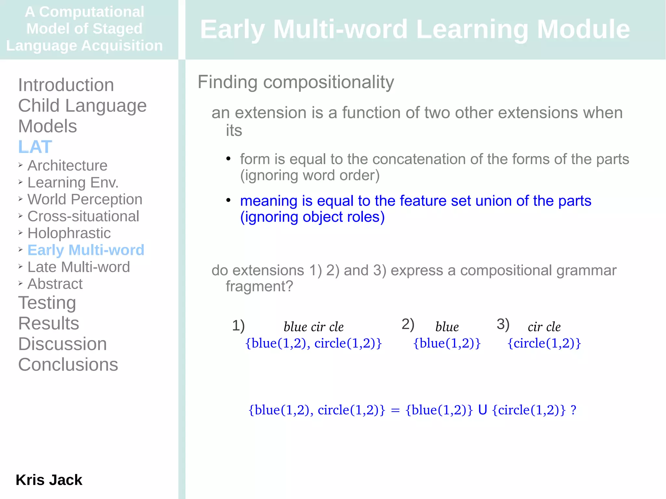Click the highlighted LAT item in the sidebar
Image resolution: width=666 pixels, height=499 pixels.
[35, 147]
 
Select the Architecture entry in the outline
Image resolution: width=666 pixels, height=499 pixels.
[67, 165]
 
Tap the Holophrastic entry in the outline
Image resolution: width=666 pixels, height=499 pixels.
[69, 233]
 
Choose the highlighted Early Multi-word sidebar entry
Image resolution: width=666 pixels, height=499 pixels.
[86, 250]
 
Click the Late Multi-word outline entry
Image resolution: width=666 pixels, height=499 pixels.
[78, 267]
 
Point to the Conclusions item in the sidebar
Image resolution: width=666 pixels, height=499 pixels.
[68, 364]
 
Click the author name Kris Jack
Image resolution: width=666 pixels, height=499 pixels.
[49, 480]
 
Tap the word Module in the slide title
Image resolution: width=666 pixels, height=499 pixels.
[583, 29]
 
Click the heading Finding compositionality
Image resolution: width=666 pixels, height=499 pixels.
[296, 82]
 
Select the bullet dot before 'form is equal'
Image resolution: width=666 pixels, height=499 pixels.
[228, 159]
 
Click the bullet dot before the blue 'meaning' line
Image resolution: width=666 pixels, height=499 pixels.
[228, 200]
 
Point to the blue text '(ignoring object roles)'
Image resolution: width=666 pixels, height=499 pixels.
[312, 217]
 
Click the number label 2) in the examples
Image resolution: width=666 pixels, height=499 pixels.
[408, 324]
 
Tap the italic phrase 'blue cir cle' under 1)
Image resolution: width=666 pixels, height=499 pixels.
[313, 327]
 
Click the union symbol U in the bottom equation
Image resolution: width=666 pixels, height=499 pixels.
[483, 410]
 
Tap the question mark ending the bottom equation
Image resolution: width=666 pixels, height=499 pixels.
[574, 410]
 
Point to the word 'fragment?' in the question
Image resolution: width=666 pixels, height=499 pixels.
[259, 286]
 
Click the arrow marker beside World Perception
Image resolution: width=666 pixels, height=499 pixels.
[20, 199]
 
